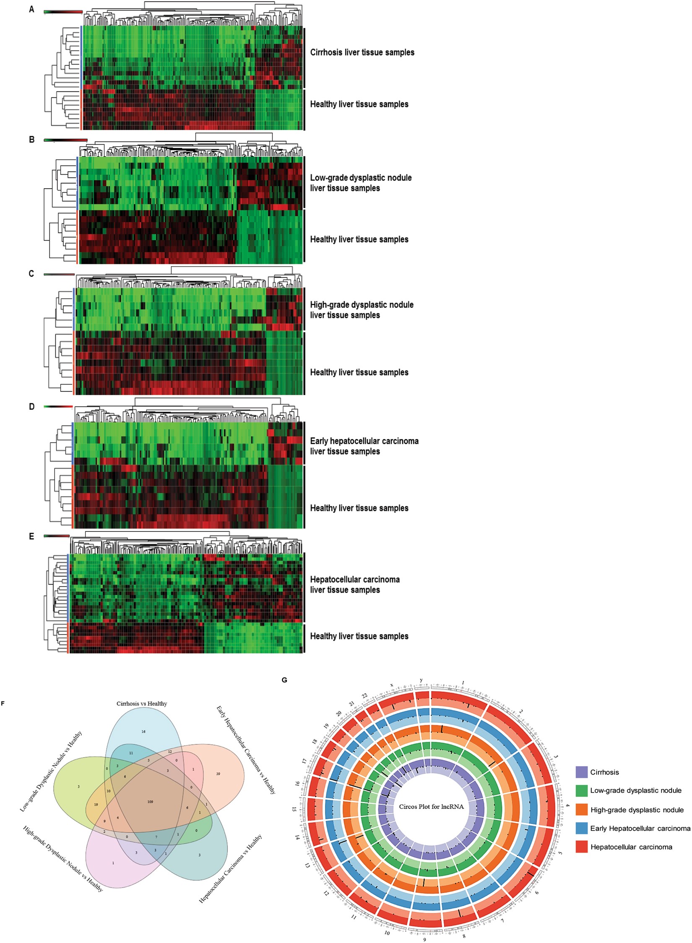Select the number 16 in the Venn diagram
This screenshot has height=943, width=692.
click(x=143, y=731)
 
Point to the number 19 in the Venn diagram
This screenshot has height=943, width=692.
click(x=96, y=805)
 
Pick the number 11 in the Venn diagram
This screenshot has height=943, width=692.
click(x=131, y=753)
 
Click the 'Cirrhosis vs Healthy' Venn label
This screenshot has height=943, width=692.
click(x=142, y=704)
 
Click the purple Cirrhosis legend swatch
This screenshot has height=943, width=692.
click(x=582, y=772)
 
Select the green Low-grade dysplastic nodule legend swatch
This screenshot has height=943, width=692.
click(x=582, y=791)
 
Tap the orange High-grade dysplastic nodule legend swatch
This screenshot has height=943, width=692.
click(x=582, y=810)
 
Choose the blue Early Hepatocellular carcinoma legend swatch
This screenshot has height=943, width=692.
click(x=582, y=829)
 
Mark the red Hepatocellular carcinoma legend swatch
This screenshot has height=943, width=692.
click(x=582, y=847)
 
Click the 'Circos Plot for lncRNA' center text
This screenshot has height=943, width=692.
click(x=431, y=806)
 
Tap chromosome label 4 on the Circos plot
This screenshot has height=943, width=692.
click(x=567, y=805)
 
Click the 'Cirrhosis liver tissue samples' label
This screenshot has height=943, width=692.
click(x=362, y=52)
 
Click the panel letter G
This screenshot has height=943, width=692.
click(x=285, y=680)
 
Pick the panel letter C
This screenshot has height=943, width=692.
click(x=31, y=274)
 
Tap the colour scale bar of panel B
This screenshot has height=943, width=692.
click(x=65, y=140)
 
